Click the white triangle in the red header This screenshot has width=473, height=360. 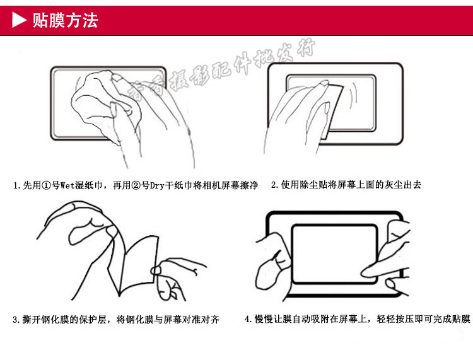[x=18, y=20]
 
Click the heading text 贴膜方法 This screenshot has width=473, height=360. [x=65, y=20]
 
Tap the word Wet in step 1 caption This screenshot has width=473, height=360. [x=67, y=185]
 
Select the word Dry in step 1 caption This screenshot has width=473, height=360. [x=157, y=185]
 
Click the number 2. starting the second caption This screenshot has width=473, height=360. [x=275, y=185]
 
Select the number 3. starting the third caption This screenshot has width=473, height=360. [x=16, y=320]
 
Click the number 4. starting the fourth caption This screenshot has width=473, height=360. [x=248, y=319]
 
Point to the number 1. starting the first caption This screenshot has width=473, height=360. [x=17, y=185]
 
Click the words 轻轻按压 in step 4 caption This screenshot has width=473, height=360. [x=395, y=319]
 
